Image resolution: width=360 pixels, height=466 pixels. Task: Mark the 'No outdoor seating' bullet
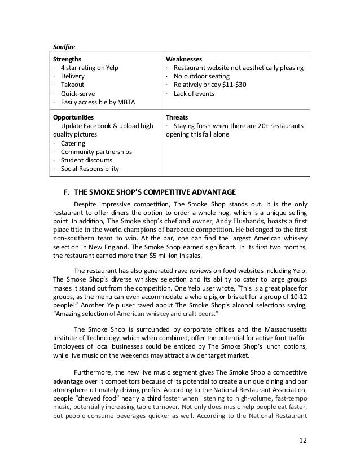click(202, 76)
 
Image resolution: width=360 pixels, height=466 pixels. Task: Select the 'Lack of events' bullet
click(194, 93)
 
